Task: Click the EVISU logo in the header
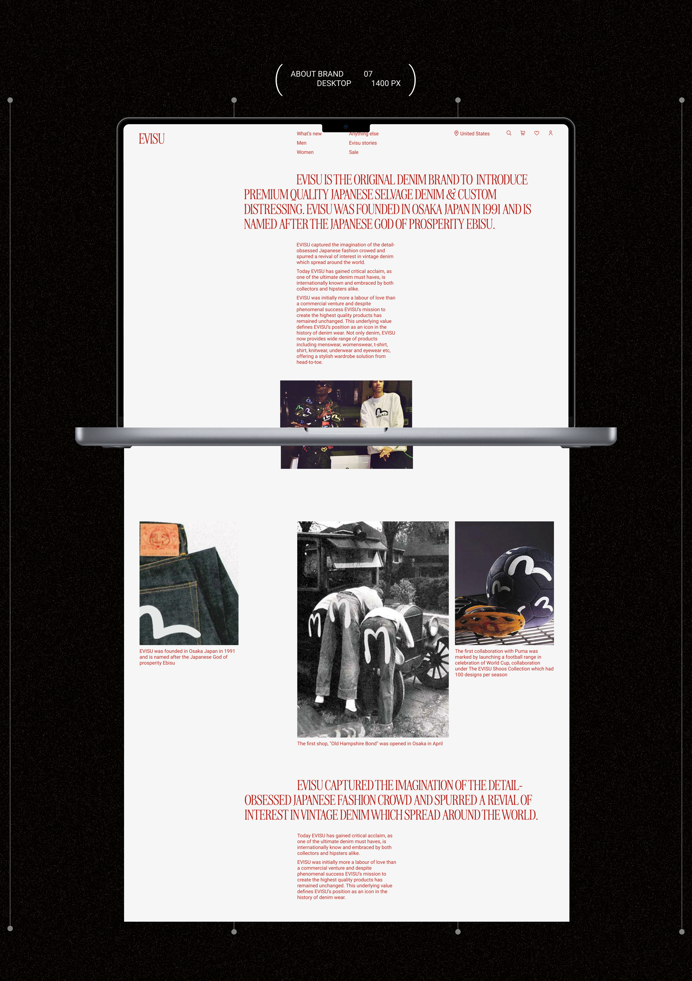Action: (x=152, y=139)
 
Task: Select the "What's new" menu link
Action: (x=309, y=134)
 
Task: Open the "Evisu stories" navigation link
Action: (x=363, y=143)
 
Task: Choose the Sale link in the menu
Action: (x=353, y=152)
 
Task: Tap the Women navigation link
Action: (x=305, y=152)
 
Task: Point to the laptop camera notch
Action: (x=346, y=127)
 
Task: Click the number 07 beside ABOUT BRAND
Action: (x=368, y=74)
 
